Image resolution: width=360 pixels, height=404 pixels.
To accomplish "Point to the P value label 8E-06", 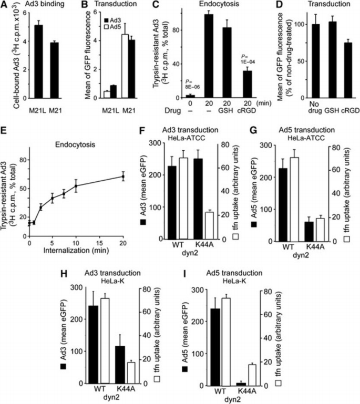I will click(190, 87).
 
